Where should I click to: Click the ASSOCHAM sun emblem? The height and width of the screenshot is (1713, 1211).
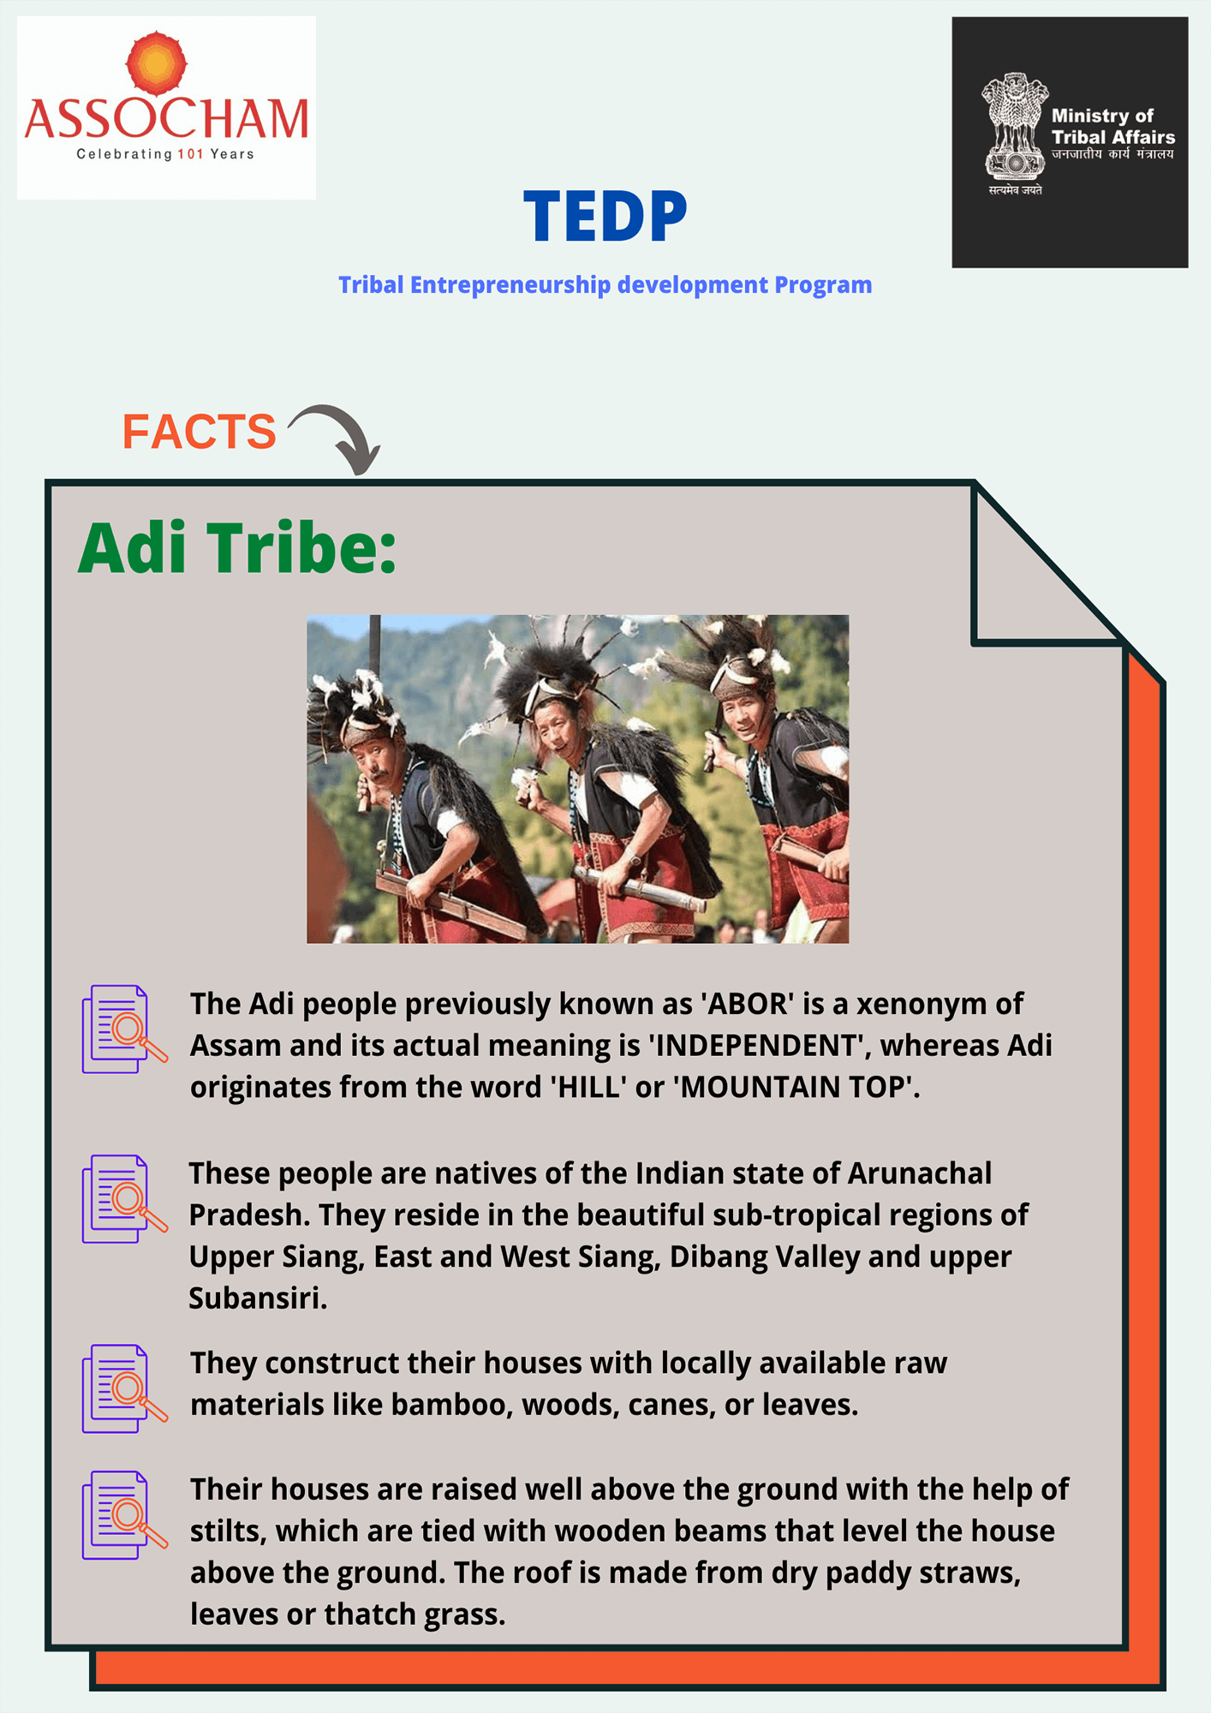pos(156,63)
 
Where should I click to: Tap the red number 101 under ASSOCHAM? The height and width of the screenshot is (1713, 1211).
pos(190,154)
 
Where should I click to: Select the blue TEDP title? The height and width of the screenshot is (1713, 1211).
pos(605,216)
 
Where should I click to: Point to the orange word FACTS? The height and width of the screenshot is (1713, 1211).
pos(199,432)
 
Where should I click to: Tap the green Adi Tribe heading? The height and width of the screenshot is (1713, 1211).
pos(237,548)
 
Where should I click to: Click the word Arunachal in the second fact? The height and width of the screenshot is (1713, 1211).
pos(919,1173)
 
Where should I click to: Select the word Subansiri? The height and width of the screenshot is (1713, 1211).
pos(258,1298)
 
